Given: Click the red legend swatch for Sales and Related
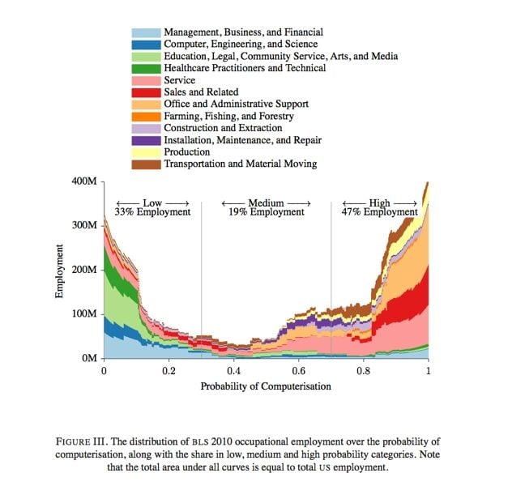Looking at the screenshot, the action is (x=146, y=92).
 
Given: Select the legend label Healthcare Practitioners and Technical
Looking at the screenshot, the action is (x=245, y=68).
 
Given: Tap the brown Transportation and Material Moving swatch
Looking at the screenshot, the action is (x=146, y=164).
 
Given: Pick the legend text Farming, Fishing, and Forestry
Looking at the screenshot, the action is (x=228, y=116).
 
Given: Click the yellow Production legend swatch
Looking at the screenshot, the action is (x=146, y=152).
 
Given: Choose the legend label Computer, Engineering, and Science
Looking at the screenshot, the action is (x=241, y=44).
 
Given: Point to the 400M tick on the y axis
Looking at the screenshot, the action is (x=103, y=181).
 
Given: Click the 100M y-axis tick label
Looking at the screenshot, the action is (x=84, y=313).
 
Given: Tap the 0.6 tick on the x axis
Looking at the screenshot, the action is (x=298, y=360).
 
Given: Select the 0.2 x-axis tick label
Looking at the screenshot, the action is (x=169, y=371).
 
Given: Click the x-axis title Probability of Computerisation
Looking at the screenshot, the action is (x=266, y=386).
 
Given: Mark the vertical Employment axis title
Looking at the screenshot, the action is (x=58, y=271).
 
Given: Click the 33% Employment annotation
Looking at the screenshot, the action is (x=152, y=212).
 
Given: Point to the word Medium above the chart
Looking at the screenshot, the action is (x=266, y=203).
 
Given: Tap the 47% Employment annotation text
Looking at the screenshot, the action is (x=379, y=212).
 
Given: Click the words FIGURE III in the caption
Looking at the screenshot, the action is (x=83, y=441).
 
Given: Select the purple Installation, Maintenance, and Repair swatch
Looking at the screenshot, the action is (x=146, y=141).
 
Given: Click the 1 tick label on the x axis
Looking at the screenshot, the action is (x=429, y=371).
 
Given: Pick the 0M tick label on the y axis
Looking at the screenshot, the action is (x=89, y=358).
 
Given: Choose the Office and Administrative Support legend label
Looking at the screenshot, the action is (x=237, y=104).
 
